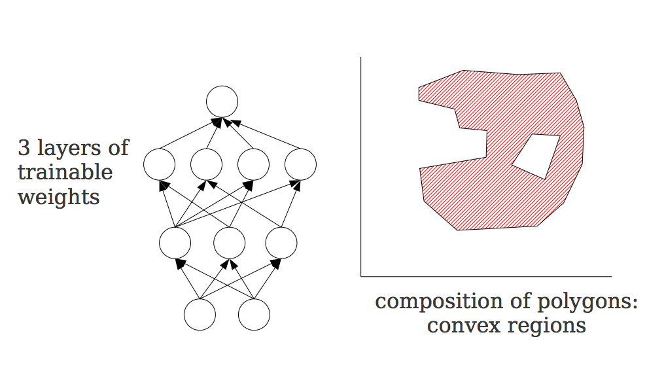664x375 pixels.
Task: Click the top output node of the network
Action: click(222, 102)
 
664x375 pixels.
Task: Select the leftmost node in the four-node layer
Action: click(159, 164)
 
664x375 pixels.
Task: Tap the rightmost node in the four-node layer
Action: click(300, 164)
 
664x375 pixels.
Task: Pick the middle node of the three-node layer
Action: click(229, 242)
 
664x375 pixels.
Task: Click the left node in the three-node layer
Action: click(175, 242)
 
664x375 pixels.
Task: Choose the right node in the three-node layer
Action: click(282, 242)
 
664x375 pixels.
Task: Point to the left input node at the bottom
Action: click(200, 315)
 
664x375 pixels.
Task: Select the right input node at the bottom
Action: click(254, 315)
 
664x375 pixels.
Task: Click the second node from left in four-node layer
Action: click(207, 164)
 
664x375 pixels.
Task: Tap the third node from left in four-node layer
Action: click(253, 164)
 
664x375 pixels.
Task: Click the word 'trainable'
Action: click(65, 172)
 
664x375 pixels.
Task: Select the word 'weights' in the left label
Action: click(59, 197)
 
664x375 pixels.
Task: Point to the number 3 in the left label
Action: click(24, 148)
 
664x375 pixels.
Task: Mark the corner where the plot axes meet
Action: click(361, 276)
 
